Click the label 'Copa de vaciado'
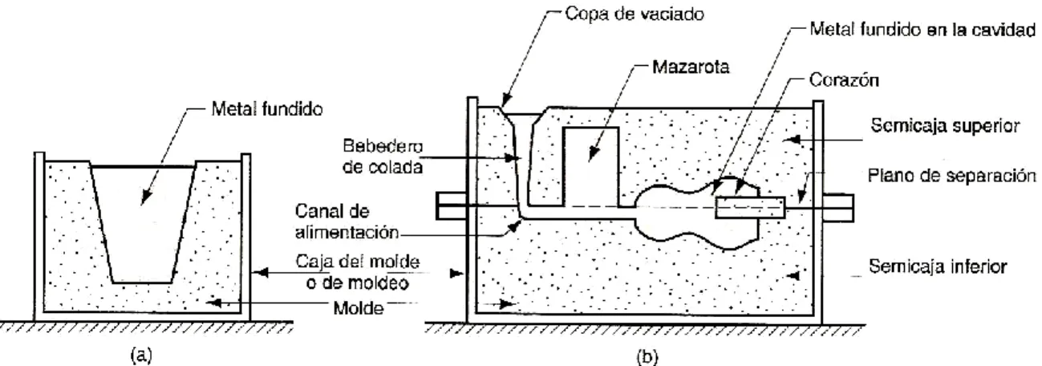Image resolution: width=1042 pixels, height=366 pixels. [x=634, y=14]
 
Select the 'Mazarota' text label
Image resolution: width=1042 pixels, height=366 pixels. [x=691, y=67]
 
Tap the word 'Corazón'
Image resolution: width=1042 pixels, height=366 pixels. [x=844, y=80]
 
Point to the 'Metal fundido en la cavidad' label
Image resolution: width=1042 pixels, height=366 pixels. [x=922, y=30]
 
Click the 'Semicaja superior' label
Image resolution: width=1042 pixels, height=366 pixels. [x=945, y=126]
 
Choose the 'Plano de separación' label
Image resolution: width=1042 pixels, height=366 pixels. [x=951, y=176]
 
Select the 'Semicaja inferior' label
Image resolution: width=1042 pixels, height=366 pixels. [x=938, y=266]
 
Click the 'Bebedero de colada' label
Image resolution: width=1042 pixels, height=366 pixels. [x=383, y=157]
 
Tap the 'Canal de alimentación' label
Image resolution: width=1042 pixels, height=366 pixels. [x=347, y=222]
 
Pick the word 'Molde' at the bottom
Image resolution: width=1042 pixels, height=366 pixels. [x=359, y=307]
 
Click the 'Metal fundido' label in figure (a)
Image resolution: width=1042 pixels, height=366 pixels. [x=267, y=109]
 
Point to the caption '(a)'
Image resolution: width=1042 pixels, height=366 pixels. [x=141, y=356]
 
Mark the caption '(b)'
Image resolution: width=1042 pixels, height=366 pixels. [x=647, y=357]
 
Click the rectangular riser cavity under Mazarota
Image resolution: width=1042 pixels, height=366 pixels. [x=590, y=166]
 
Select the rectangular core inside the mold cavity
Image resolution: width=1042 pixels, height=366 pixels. [x=750, y=207]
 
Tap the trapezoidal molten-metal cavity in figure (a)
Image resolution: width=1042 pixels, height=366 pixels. [x=142, y=223]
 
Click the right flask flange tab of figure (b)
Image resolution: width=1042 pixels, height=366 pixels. [x=838, y=207]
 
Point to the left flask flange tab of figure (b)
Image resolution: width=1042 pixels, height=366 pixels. [x=452, y=205]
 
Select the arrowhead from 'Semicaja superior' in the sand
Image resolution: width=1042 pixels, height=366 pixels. [x=791, y=139]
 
